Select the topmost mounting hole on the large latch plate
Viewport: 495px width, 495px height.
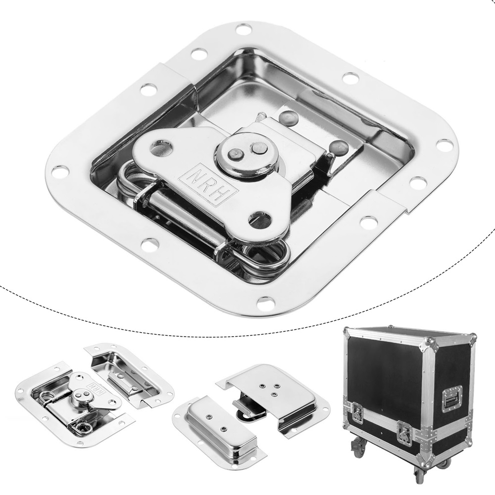(x=244, y=29)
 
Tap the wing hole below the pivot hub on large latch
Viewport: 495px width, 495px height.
(x=261, y=219)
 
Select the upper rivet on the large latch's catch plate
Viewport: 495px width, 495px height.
(x=288, y=117)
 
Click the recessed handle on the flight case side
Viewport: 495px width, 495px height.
(x=452, y=399)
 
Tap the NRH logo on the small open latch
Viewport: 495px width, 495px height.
(x=93, y=387)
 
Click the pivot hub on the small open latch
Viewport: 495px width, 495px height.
(x=80, y=397)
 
